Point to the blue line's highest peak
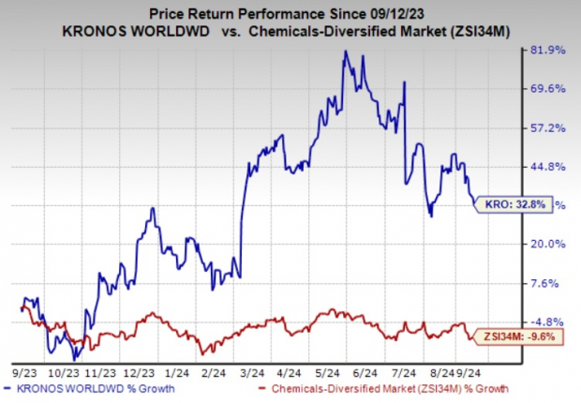[346, 52]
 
